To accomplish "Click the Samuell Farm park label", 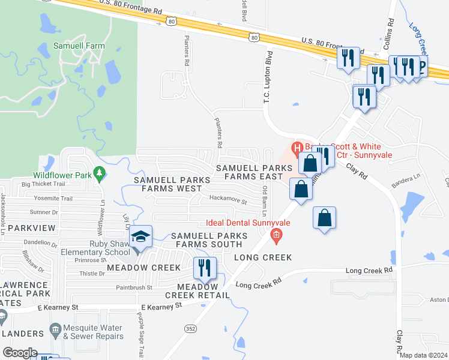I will coord(79,46).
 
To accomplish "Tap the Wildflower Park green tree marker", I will coord(100,175).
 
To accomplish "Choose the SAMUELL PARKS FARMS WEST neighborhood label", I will coord(167,184).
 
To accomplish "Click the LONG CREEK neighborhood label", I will coord(262,257).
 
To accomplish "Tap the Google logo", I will coord(20,353).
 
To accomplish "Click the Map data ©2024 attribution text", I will coord(423,355).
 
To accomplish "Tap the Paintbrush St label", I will coord(134,287).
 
